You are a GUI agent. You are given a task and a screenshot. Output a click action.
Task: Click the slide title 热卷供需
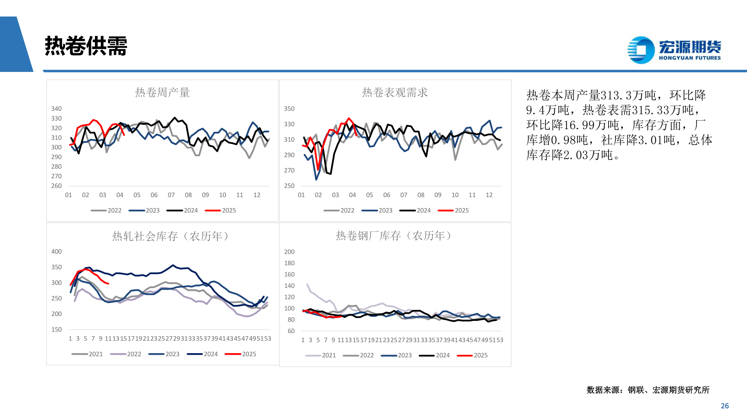pos(86,46)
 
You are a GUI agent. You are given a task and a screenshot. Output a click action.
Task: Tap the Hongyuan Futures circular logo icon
pos(641,50)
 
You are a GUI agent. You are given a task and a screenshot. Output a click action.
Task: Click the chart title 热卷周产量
pos(162,92)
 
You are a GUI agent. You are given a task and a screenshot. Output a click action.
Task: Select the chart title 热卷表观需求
pos(395,92)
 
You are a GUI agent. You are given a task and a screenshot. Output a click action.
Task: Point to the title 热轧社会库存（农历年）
pos(170,236)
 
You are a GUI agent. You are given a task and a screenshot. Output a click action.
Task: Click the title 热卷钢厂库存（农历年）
pos(394,236)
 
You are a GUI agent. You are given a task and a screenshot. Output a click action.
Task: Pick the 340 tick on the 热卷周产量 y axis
pos(56,109)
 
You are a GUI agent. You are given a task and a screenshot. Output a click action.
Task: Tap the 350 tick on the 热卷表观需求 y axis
pos(289,109)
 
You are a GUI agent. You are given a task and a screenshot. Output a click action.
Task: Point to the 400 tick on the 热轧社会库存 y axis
pos(56,252)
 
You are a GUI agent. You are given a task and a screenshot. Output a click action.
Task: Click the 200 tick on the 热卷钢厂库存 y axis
pos(289,252)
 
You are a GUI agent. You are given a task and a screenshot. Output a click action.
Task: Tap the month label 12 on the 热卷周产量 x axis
pos(257,195)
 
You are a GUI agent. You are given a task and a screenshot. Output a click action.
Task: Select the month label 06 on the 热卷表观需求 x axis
pos(386,195)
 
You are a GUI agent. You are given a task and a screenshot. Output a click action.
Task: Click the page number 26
pos(725,406)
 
